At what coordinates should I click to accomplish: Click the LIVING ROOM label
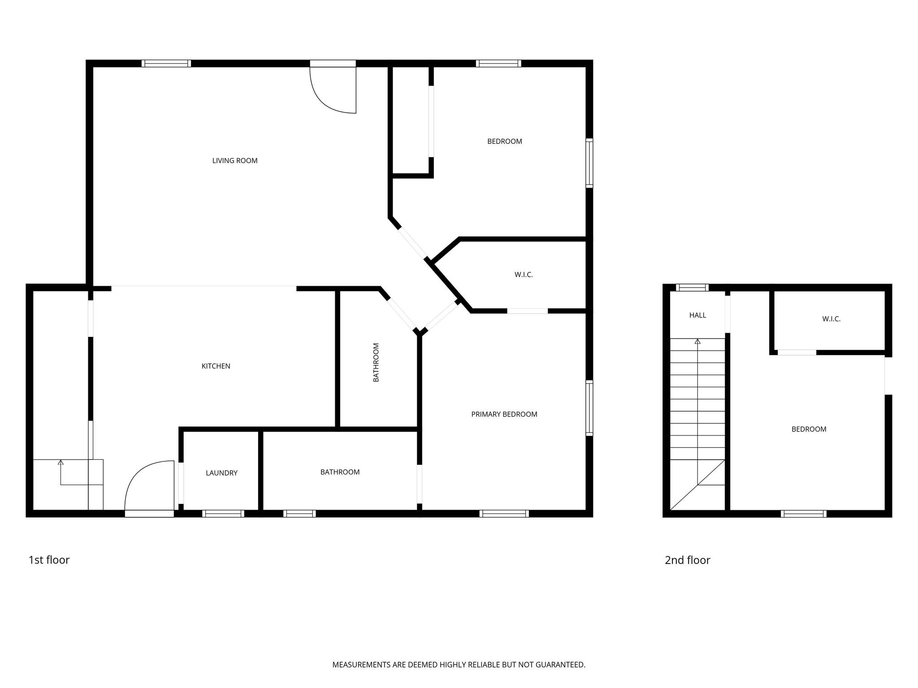pyautogui.click(x=234, y=161)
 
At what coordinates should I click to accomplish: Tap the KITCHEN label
pyautogui.click(x=216, y=366)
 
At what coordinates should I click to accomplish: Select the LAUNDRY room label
pyautogui.click(x=221, y=473)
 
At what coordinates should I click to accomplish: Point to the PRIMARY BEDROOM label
pyautogui.click(x=504, y=414)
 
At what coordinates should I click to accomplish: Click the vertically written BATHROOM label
pyautogui.click(x=376, y=362)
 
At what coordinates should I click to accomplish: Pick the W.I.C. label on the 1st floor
pyautogui.click(x=524, y=275)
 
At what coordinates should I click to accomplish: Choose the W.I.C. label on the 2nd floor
pyautogui.click(x=831, y=319)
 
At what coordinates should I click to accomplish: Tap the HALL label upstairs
pyautogui.click(x=697, y=315)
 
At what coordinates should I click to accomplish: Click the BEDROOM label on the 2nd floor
pyautogui.click(x=809, y=429)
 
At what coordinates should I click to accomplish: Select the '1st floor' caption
pyautogui.click(x=49, y=560)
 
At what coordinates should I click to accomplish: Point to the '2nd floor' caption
pyautogui.click(x=687, y=560)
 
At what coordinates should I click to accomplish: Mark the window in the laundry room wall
pyautogui.click(x=223, y=513)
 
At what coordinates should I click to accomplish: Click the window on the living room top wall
pyautogui.click(x=166, y=64)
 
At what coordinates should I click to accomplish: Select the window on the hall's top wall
pyautogui.click(x=692, y=288)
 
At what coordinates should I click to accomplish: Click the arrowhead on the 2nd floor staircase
pyautogui.click(x=697, y=341)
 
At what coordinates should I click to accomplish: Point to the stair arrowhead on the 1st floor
pyautogui.click(x=61, y=462)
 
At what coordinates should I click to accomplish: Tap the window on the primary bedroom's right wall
pyautogui.click(x=589, y=408)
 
